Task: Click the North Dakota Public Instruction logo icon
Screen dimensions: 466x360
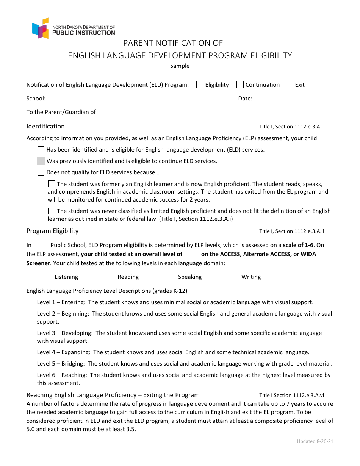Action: pos(41,28)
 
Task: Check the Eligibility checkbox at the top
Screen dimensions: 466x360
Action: pos(200,85)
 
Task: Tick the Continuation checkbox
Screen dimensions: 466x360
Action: pos(240,85)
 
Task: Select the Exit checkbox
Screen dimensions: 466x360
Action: pos(291,85)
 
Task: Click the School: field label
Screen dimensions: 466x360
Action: pos(36,99)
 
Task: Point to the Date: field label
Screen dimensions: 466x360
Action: pos(245,99)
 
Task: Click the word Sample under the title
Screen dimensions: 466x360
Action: pos(180,66)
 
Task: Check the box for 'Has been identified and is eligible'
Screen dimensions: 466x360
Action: pos(41,150)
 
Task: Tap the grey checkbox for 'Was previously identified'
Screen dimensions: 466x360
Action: pos(41,161)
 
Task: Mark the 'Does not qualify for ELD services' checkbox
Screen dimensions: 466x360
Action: pos(41,172)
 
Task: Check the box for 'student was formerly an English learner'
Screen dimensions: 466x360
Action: pos(52,184)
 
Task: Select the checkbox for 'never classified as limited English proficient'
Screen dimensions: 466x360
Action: pos(52,211)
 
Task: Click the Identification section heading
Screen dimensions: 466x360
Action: pos(45,127)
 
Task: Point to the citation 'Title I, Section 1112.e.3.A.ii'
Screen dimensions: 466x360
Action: pos(291,231)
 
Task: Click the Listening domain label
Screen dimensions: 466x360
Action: pos(66,277)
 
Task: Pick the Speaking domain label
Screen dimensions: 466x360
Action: pos(190,277)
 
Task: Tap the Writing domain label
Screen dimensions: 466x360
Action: pos(251,277)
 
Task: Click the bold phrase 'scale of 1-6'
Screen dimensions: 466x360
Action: pos(301,245)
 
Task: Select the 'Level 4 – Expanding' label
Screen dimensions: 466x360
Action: pos(63,352)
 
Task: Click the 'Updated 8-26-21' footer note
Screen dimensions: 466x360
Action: pos(315,441)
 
